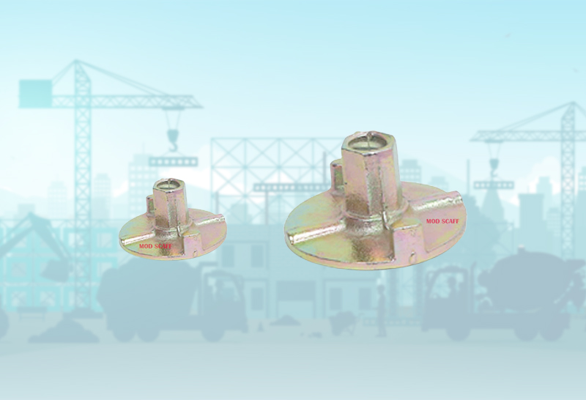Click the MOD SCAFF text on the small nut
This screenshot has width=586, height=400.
[x=155, y=246]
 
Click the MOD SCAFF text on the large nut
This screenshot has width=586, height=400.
[x=442, y=221]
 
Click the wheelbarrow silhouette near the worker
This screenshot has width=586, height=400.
[x=340, y=321]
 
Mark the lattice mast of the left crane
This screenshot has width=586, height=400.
[x=82, y=183]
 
